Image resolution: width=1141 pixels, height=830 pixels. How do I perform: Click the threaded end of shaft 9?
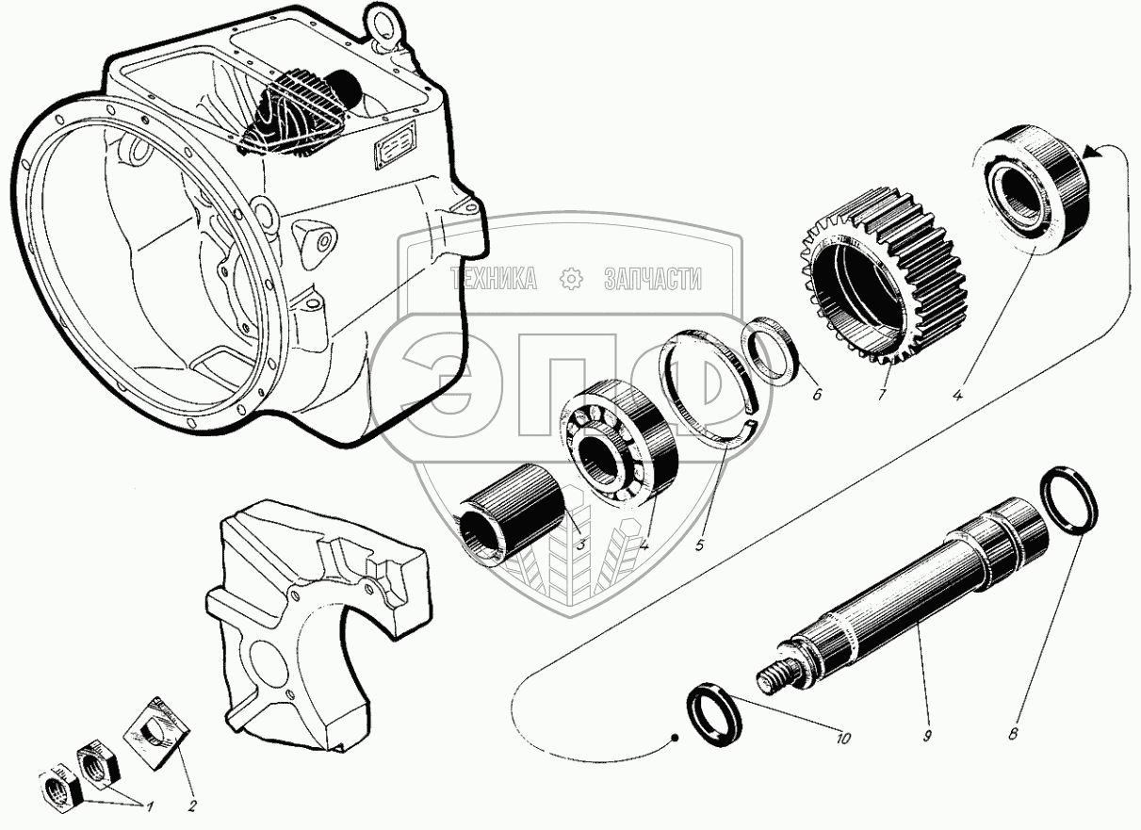tap(773, 675)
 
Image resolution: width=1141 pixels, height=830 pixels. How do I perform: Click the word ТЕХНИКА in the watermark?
tap(494, 279)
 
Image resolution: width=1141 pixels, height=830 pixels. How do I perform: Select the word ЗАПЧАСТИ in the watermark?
tap(651, 279)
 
